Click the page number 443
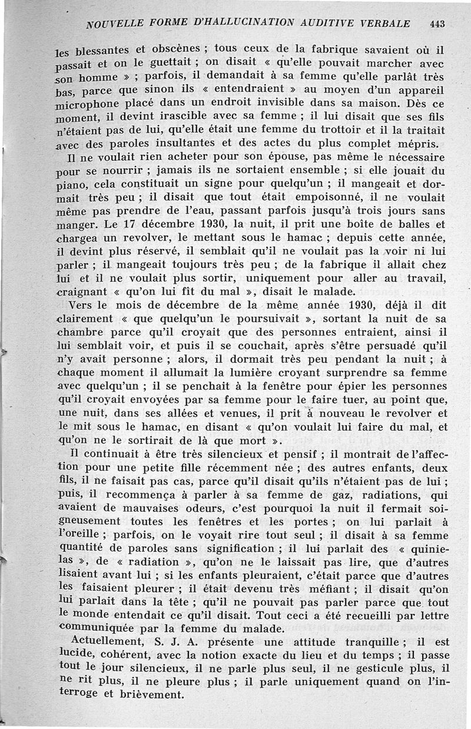pos(437,24)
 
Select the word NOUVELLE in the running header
pos(110,25)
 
